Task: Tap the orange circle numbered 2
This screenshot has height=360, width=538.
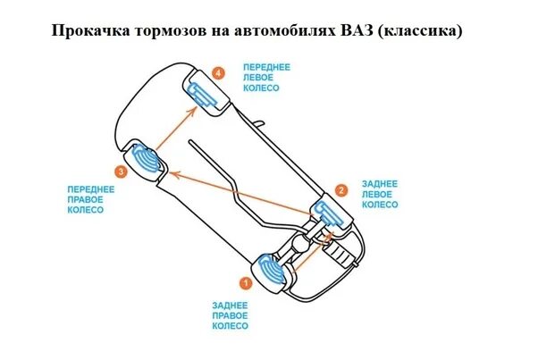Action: tap(340, 190)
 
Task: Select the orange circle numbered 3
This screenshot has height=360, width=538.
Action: tap(121, 170)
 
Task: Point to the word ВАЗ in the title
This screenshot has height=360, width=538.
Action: tap(357, 31)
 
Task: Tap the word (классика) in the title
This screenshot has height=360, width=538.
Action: tap(420, 31)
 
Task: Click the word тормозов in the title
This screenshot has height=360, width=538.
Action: tap(165, 31)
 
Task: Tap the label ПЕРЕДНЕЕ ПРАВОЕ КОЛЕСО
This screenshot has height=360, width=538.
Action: tap(90, 200)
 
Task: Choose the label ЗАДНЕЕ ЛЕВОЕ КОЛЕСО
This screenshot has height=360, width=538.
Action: tap(379, 194)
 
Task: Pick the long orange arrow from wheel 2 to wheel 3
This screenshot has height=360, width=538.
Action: tap(241, 191)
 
